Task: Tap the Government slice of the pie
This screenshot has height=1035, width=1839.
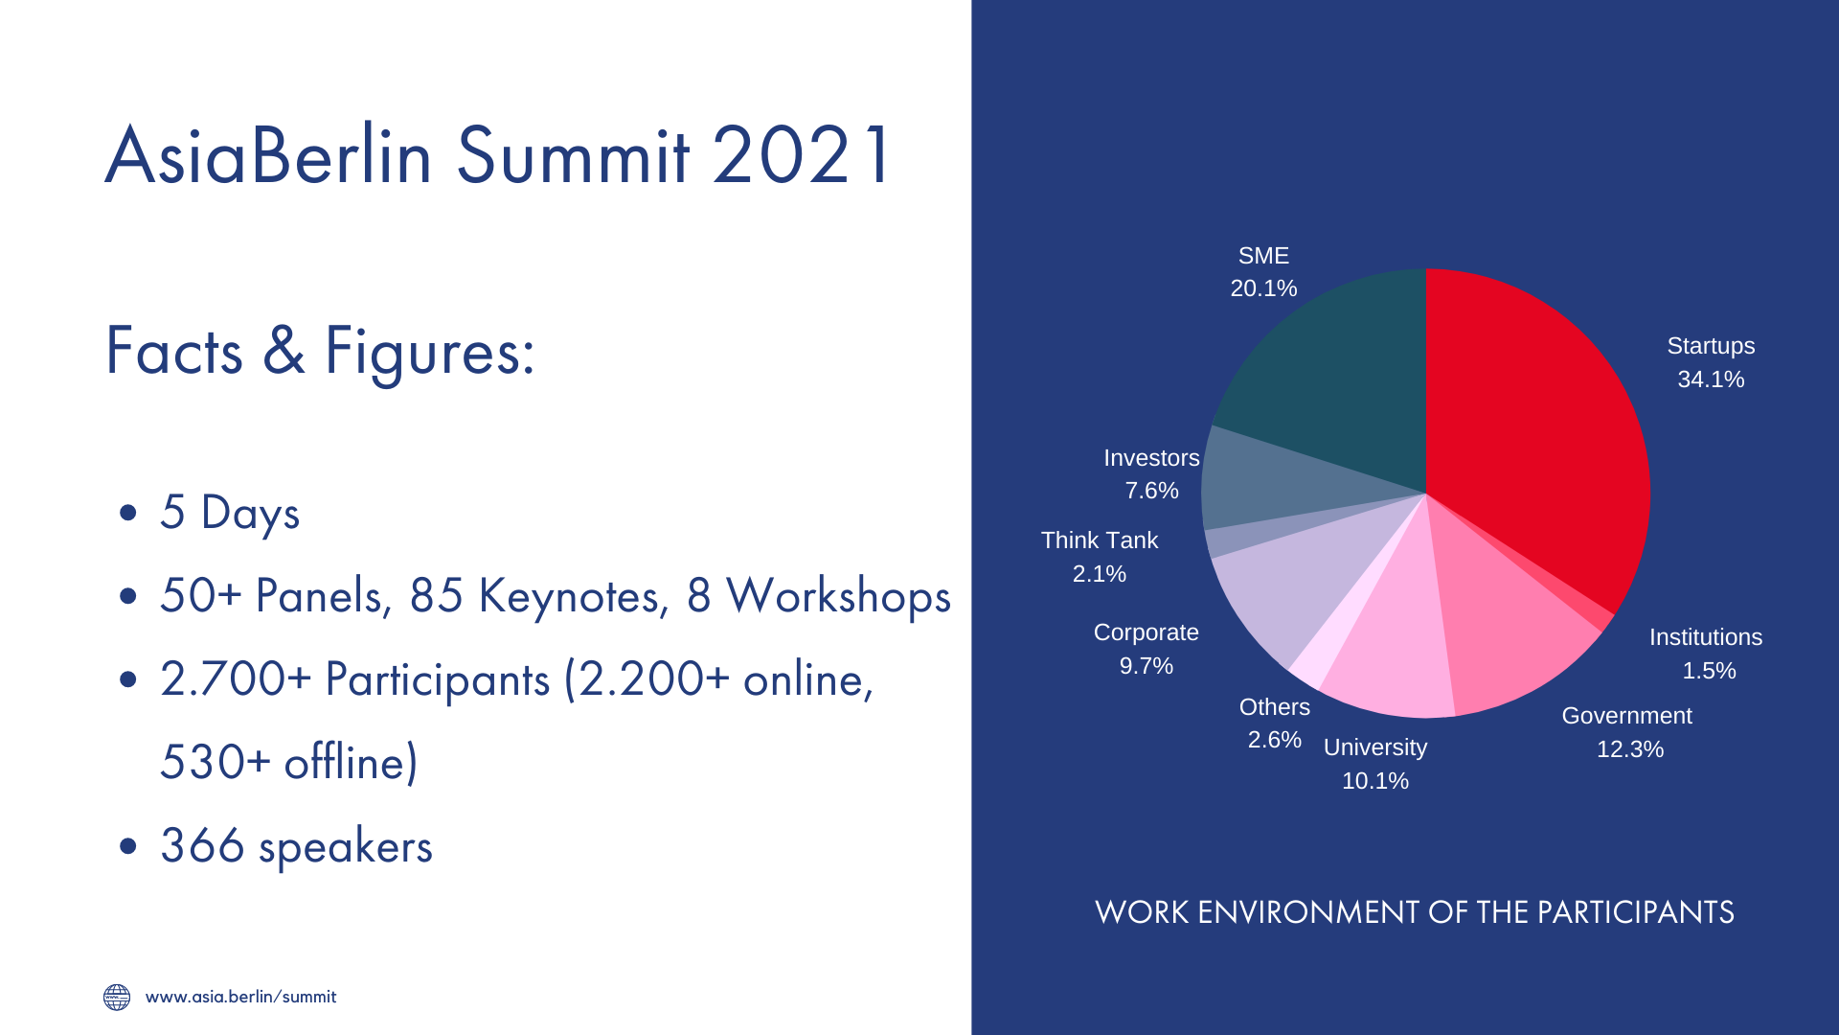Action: [1504, 632]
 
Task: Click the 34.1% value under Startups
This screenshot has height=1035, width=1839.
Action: [1711, 379]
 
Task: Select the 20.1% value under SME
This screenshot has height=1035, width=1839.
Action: [1263, 288]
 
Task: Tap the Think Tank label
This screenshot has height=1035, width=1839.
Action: [1100, 540]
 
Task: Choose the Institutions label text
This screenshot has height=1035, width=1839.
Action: [1706, 637]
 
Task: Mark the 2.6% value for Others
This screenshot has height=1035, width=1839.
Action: [1275, 740]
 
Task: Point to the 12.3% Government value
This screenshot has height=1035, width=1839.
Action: [1630, 749]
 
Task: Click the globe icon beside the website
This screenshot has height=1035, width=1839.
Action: [117, 997]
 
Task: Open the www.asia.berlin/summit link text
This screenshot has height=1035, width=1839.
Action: [240, 997]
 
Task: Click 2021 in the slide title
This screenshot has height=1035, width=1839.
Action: [802, 155]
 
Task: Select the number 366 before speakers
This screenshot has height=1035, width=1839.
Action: [202, 845]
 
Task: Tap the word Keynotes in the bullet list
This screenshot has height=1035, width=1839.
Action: [573, 595]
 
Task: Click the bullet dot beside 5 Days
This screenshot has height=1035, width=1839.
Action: [128, 513]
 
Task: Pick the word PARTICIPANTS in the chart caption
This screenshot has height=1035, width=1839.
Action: [1635, 912]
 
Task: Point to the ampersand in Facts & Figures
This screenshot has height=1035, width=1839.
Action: [284, 350]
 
